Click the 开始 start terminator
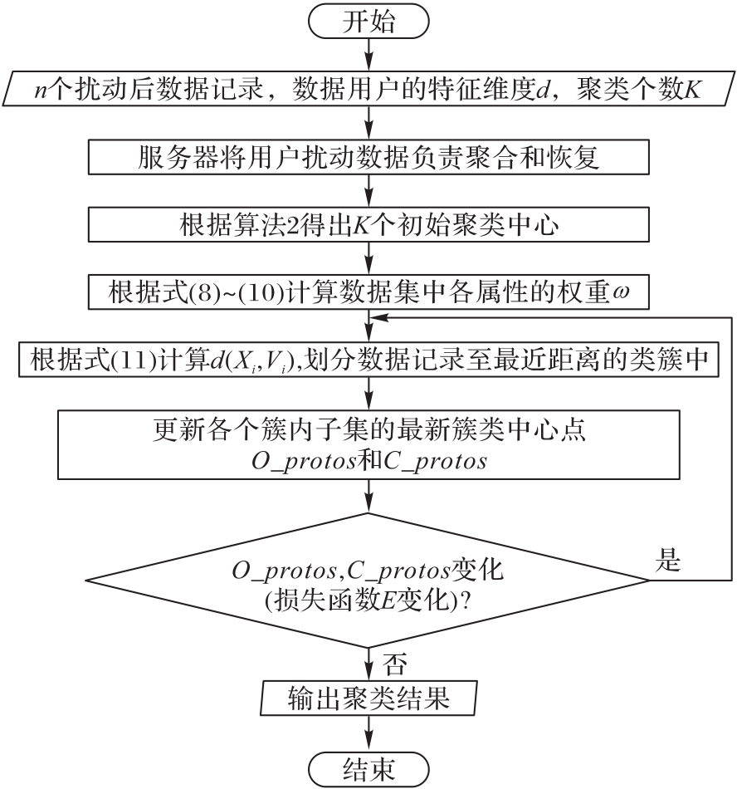[x=368, y=22]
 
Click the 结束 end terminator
[x=368, y=768]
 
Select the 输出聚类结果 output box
[x=368, y=698]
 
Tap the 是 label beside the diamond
[x=667, y=560]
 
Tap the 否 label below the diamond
[x=395, y=664]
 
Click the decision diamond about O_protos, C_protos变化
[x=368, y=581]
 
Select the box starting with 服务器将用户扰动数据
[x=368, y=157]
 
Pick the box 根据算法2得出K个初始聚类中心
[x=368, y=224]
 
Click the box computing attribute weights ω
[x=368, y=292]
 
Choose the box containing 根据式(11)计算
[x=368, y=360]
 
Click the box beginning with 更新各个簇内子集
[x=368, y=444]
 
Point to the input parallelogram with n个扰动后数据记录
[x=368, y=89]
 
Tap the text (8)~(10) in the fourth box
[x=234, y=292]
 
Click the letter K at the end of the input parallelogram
[x=691, y=90]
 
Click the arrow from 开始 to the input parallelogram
[x=369, y=55]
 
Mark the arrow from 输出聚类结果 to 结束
[x=369, y=733]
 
